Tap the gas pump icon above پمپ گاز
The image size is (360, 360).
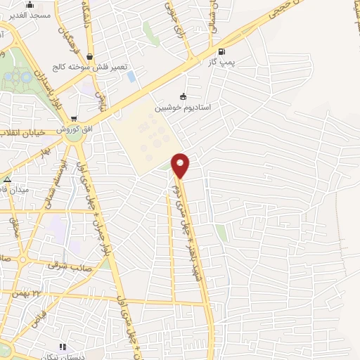[x=222, y=51]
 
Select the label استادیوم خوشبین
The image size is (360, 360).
[x=184, y=108]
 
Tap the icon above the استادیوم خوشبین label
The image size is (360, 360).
[x=184, y=96]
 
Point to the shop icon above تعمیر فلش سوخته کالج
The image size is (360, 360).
[x=89, y=56]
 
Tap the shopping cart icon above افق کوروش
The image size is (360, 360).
[x=75, y=119]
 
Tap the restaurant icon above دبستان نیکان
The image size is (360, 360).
[x=62, y=347]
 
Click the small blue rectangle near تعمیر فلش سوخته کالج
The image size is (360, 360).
[x=131, y=75]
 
